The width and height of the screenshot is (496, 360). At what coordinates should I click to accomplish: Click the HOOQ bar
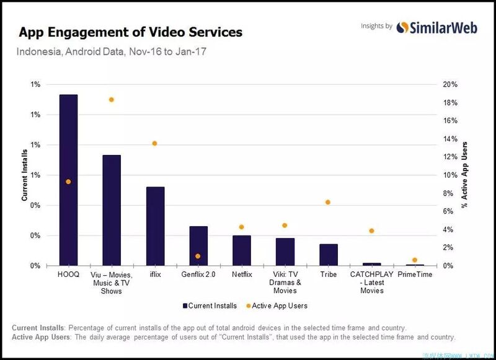(68, 180)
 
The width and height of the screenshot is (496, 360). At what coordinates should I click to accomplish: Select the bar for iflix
(155, 226)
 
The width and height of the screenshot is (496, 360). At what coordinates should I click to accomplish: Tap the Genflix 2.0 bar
(198, 246)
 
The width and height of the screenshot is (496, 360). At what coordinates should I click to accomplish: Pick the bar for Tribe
(329, 255)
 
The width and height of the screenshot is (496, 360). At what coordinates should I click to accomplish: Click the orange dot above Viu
(112, 100)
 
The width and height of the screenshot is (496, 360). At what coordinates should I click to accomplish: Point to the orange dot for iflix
(154, 144)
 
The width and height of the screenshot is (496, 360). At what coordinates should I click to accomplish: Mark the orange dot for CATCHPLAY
(371, 231)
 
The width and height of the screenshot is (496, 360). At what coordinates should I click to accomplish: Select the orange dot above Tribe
(328, 203)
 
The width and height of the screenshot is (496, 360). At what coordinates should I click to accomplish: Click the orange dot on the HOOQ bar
(68, 182)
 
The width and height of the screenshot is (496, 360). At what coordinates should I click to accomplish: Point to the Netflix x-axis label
(241, 274)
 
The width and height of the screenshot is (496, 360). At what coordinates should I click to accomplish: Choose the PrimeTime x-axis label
(415, 274)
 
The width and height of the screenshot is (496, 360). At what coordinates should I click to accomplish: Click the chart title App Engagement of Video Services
(131, 32)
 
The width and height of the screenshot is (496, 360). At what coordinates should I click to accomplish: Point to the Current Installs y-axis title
(25, 175)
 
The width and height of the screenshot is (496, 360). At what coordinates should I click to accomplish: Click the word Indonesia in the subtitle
(38, 52)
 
